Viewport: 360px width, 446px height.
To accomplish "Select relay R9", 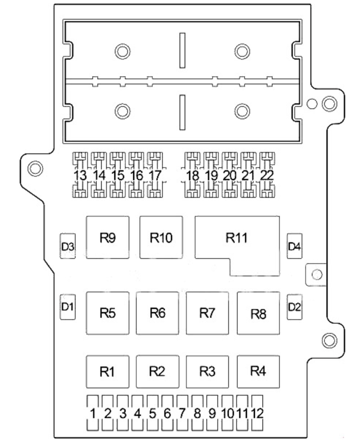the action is [x=108, y=237].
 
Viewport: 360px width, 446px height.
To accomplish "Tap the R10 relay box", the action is [x=161, y=237].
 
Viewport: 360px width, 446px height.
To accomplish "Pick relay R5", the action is [x=108, y=313].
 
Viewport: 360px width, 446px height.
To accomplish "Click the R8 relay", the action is [x=258, y=313].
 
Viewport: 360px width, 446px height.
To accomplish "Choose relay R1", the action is [x=108, y=371].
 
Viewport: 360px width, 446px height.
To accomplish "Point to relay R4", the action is [x=258, y=371].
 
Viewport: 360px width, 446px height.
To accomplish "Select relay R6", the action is [x=157, y=313].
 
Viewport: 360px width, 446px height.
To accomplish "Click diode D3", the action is [x=68, y=246].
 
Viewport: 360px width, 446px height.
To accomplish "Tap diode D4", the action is [x=294, y=246].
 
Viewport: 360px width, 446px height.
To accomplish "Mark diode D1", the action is [x=68, y=307].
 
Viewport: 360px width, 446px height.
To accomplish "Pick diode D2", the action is [x=294, y=307].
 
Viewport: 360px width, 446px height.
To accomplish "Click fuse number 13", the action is [x=80, y=175].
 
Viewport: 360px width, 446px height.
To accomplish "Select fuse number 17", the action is [x=155, y=175].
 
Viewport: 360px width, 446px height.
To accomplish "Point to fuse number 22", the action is [x=267, y=175].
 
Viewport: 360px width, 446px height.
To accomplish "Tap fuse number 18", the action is [x=192, y=175].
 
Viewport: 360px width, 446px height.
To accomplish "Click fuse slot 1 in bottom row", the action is [x=93, y=413].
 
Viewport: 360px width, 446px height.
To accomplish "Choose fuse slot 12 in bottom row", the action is [x=257, y=413].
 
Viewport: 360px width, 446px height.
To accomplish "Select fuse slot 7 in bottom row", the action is [x=182, y=413].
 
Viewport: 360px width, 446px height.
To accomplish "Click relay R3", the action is [x=207, y=371].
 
